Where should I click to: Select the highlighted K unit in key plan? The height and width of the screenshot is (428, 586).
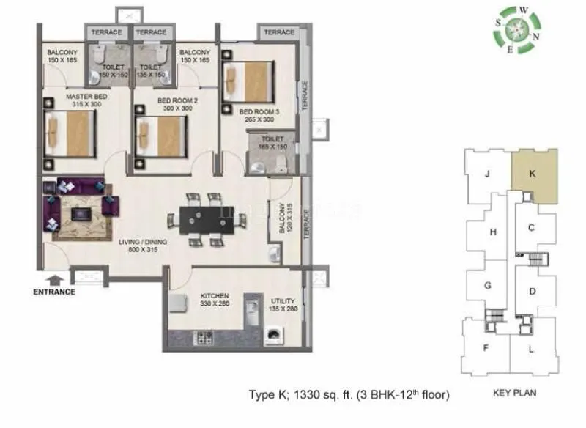click(x=533, y=175)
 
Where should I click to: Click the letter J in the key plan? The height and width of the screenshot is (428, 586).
click(x=486, y=174)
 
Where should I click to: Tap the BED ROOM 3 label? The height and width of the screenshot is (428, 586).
click(x=260, y=115)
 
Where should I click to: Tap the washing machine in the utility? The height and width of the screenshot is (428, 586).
click(x=274, y=336)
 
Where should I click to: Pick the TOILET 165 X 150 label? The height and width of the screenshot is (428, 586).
click(x=272, y=142)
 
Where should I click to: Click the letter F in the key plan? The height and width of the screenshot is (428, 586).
click(x=485, y=347)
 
